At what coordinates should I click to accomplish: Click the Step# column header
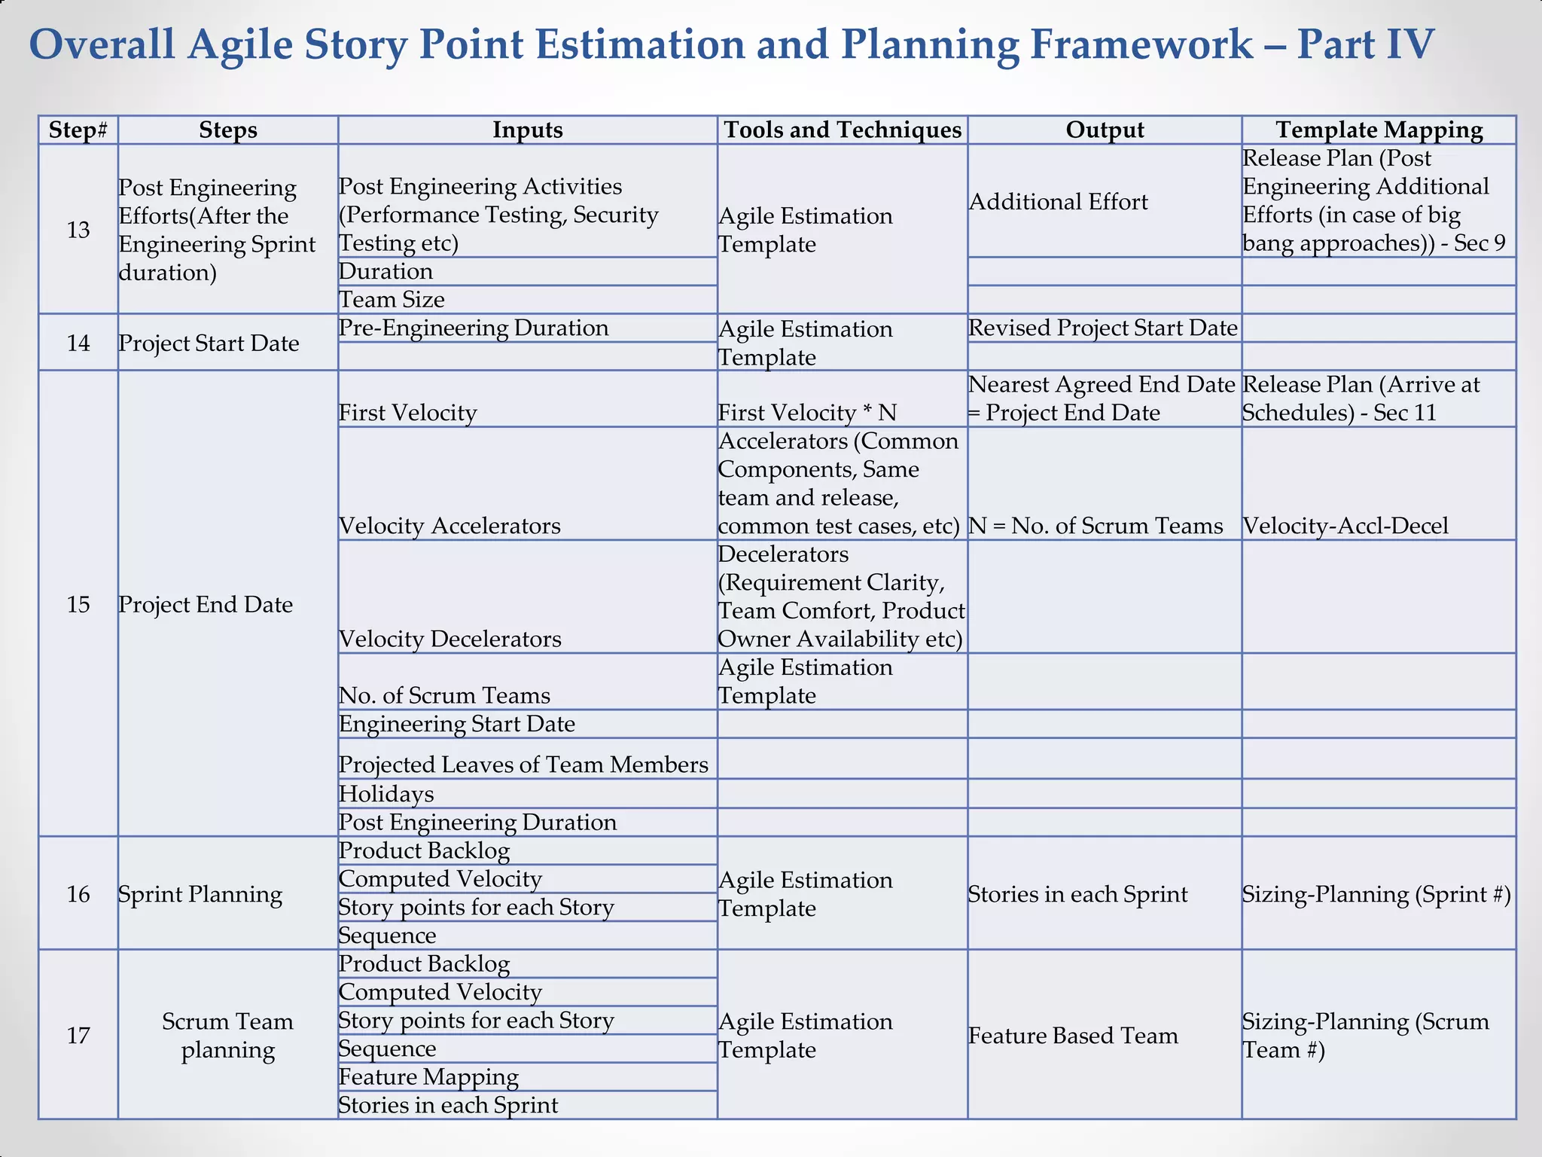[x=78, y=130]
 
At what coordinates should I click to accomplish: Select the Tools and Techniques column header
[x=842, y=130]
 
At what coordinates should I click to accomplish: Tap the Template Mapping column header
[x=1379, y=130]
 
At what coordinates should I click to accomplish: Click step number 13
[x=78, y=230]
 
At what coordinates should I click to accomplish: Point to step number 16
[x=78, y=894]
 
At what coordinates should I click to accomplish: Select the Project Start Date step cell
[x=209, y=343]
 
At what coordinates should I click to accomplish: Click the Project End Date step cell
[x=206, y=604]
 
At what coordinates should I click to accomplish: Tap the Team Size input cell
[x=392, y=300]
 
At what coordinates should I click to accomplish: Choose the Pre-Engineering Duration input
[x=474, y=328]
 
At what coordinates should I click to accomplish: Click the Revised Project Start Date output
[x=1103, y=328]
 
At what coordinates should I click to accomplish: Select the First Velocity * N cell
[x=807, y=413]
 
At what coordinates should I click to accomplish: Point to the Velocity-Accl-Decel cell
[x=1345, y=526]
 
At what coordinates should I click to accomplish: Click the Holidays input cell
[x=386, y=794]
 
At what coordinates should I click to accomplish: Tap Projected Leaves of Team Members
[x=523, y=765]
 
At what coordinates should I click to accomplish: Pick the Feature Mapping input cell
[x=428, y=1077]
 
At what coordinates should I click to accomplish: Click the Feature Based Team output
[x=1073, y=1036]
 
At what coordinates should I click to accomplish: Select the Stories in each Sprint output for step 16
[x=1077, y=894]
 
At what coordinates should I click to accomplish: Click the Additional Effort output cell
[x=1058, y=202]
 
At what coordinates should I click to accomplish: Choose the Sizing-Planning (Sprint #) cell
[x=1376, y=894]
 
